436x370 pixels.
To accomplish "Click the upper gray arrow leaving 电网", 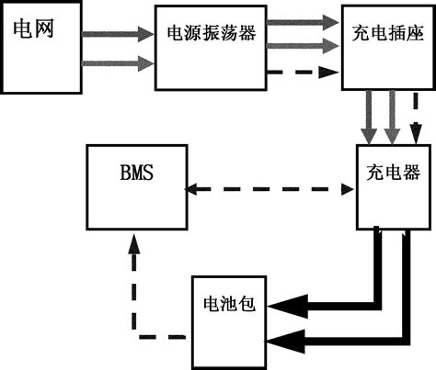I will coord(114,36).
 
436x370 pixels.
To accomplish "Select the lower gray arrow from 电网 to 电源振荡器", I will coord(114,63).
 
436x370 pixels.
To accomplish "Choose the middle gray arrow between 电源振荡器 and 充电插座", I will coord(293,45).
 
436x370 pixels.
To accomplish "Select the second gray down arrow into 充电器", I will coord(394,116).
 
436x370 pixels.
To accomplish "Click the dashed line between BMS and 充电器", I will coord(270,190).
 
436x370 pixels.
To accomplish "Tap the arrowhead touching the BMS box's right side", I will coord(192,190).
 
